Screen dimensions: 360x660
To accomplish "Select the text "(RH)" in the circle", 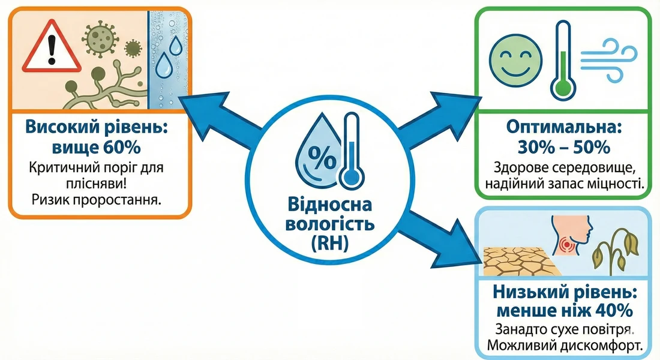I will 330,244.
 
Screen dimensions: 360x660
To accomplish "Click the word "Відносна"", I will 330,206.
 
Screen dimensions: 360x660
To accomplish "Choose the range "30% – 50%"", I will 563,146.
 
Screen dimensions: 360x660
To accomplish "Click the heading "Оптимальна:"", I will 563,128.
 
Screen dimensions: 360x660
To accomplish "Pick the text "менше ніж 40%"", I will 562,311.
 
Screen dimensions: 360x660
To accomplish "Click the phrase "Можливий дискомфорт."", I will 562,346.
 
